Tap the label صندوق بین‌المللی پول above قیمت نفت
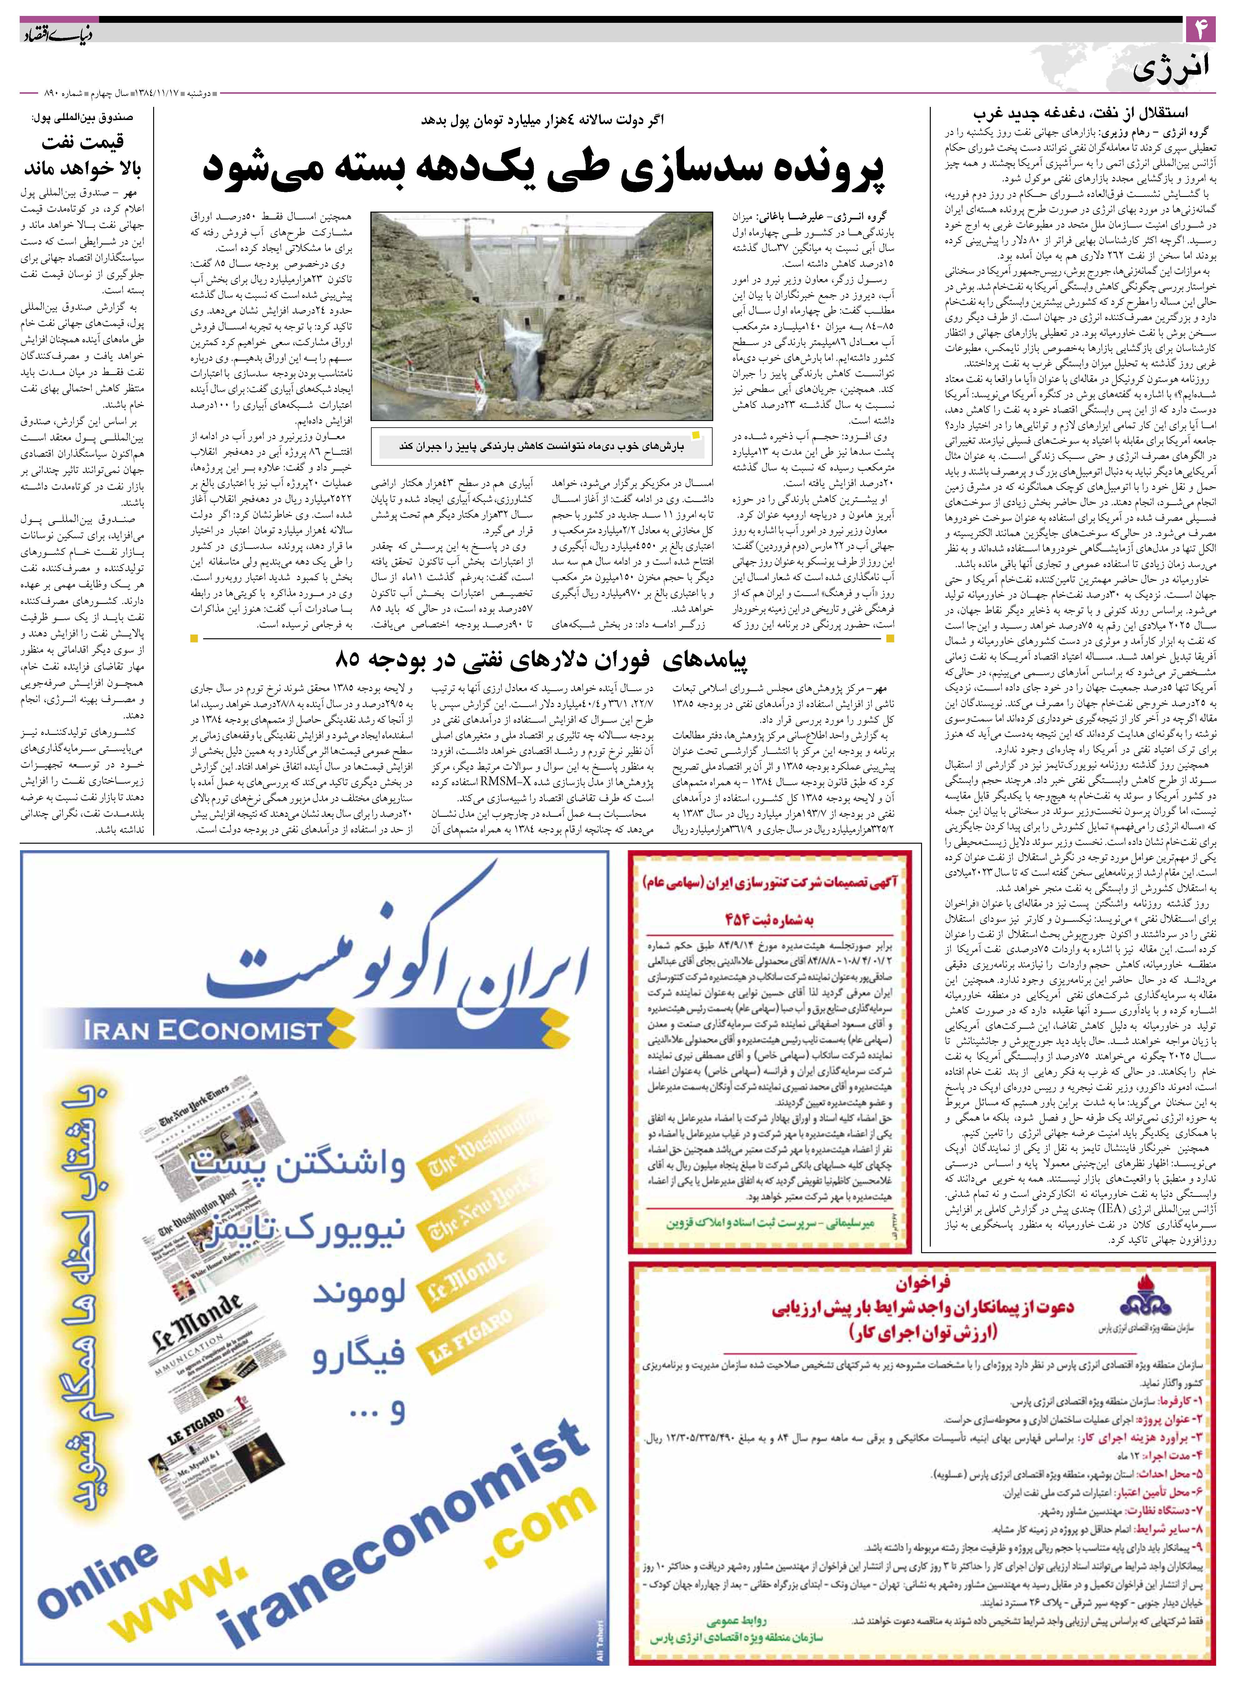[x=82, y=117]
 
